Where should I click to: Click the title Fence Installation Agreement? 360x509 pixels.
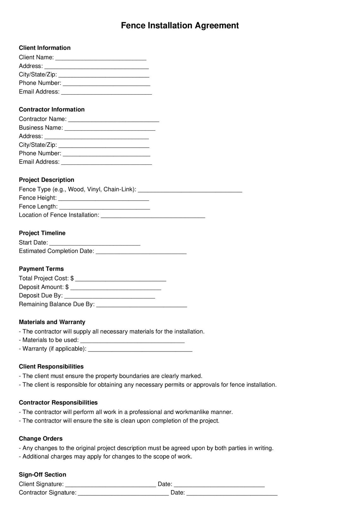tap(180, 26)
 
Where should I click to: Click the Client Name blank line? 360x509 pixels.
tap(100, 58)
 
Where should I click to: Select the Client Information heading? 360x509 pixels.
tap(45, 48)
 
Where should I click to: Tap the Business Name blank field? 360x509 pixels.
tap(110, 128)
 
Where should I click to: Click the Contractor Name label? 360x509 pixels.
tap(43, 119)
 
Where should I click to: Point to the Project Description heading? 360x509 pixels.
tap(46, 180)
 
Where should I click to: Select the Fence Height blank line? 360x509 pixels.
tap(104, 199)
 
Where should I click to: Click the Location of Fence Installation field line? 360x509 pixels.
tap(153, 216)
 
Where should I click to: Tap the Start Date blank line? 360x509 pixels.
tap(95, 243)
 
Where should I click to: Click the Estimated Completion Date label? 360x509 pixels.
tap(57, 251)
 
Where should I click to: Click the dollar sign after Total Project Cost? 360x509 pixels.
tap(72, 278)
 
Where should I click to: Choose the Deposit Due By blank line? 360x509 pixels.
tap(109, 296)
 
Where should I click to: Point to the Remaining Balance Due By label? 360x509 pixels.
tap(57, 304)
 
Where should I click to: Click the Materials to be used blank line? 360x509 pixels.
tap(132, 341)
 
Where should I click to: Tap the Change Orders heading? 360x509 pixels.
tap(41, 439)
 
